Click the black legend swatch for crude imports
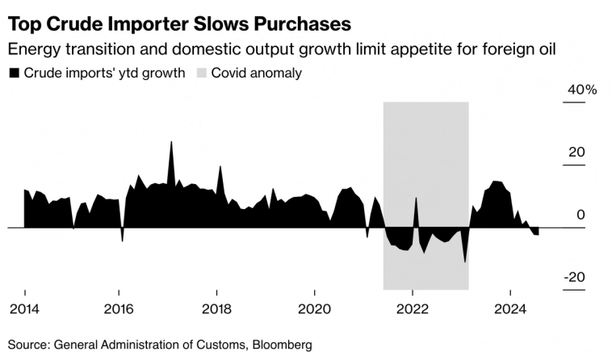click(x=14, y=73)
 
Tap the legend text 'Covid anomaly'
click(x=256, y=73)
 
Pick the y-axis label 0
click(x=581, y=215)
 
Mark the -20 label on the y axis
click(x=576, y=277)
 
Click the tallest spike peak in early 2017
click(x=171, y=143)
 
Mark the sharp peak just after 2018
click(x=220, y=167)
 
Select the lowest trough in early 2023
click(x=465, y=262)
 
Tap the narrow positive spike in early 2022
click(x=417, y=199)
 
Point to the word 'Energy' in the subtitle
click(x=31, y=50)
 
